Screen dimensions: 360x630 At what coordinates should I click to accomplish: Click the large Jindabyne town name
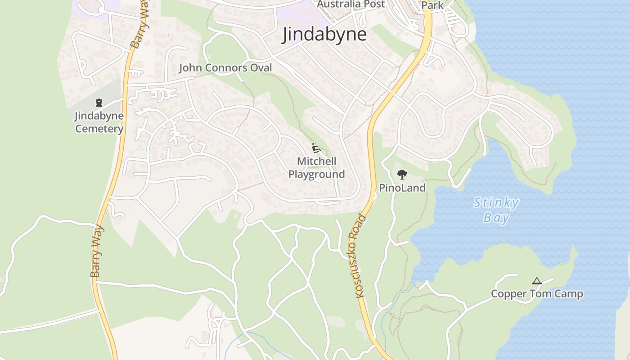pos(324,35)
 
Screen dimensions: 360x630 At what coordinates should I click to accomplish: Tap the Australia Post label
pos(351,4)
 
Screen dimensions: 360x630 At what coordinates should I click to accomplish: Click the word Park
pos(432,5)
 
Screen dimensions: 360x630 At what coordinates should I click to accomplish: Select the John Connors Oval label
pos(225,68)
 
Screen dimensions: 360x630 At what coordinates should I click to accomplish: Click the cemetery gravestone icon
pos(99,103)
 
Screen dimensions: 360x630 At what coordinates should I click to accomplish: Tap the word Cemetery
pos(99,129)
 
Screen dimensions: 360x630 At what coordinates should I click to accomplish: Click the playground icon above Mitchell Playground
pos(316,148)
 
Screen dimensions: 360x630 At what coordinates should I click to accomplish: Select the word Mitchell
pos(316,161)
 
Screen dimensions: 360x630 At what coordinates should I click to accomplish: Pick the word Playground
pos(316,174)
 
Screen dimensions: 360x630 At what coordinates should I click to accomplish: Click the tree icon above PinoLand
pos(402,175)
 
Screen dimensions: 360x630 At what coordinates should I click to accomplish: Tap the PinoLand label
pos(402,188)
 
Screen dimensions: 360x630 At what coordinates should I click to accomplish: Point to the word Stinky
pos(496,203)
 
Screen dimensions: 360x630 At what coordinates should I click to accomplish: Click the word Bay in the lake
pos(496,218)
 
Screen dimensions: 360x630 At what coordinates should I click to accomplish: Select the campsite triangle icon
pos(536,281)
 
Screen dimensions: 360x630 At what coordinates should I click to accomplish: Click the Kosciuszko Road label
pos(358,256)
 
